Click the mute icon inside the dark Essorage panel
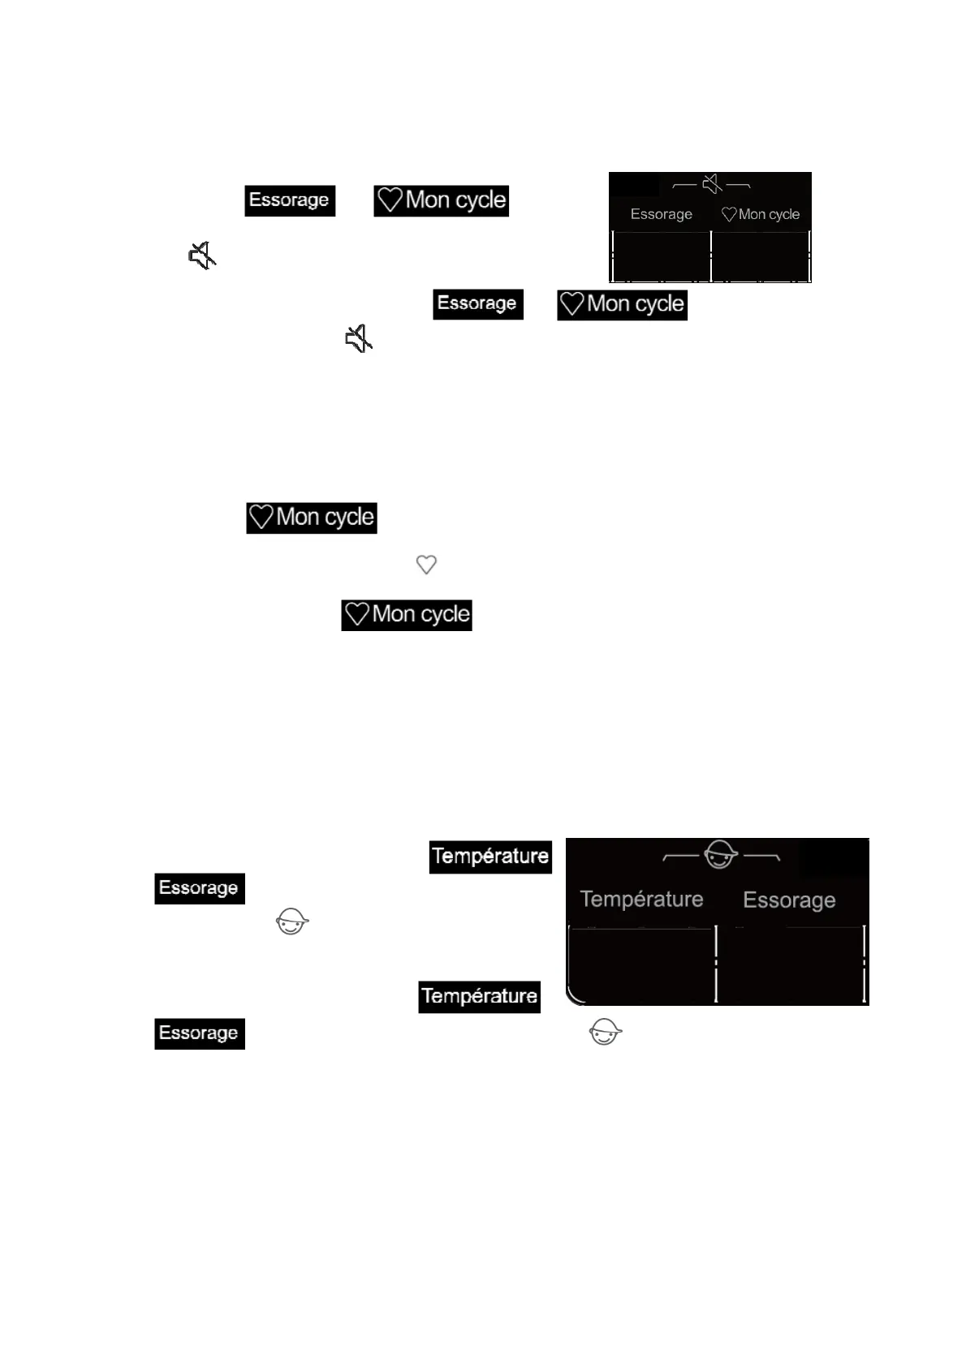point(712,185)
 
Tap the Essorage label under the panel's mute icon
point(661,214)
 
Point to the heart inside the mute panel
point(729,214)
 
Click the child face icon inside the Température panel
point(721,854)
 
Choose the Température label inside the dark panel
point(641,899)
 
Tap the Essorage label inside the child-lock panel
point(789,900)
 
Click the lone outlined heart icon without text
point(426,564)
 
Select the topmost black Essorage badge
point(290,200)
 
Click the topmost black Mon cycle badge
point(442,200)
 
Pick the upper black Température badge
point(490,857)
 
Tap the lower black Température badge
point(480,996)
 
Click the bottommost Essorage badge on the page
point(200,1033)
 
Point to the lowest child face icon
point(605,1033)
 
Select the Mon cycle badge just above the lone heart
point(312,518)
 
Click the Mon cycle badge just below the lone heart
point(407,615)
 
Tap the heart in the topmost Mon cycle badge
point(390,200)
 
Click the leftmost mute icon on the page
point(202,256)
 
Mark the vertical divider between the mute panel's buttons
point(711,256)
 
